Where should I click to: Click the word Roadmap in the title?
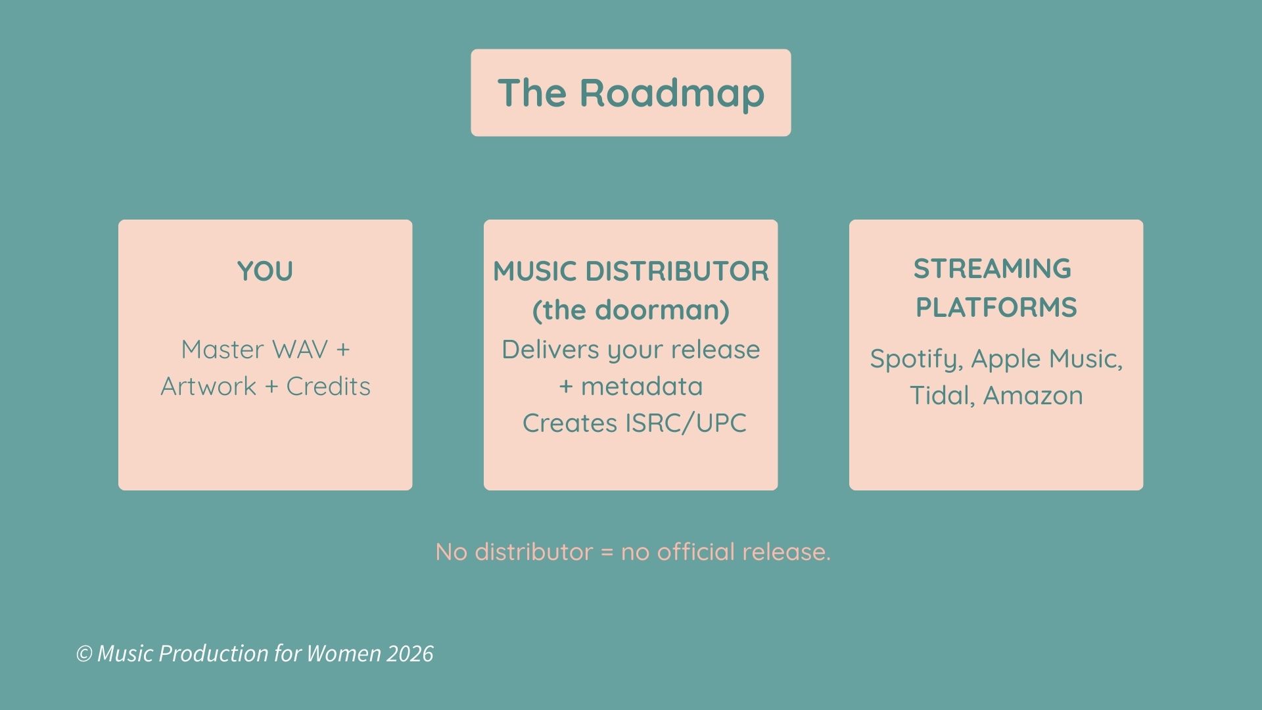[x=672, y=93]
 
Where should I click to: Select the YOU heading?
[x=265, y=272]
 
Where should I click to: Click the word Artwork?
[x=208, y=387]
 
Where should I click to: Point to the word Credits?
[x=328, y=387]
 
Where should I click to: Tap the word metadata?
[x=642, y=387]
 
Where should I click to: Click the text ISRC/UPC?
[x=686, y=423]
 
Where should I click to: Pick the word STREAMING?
[x=992, y=269]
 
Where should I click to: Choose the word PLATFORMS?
[x=996, y=308]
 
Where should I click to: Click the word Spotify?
[x=916, y=360]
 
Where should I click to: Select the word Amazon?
[x=1033, y=396]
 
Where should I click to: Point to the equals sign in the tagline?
[x=607, y=552]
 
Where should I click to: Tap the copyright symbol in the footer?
[x=83, y=653]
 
